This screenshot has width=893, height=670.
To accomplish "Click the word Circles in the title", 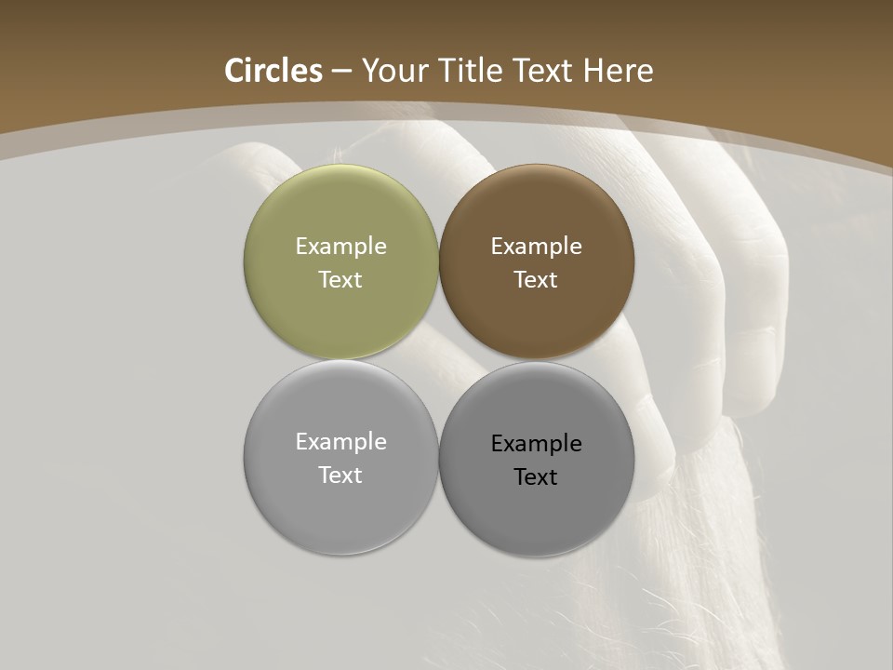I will (x=273, y=71).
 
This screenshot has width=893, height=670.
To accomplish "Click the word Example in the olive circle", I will (x=340, y=247).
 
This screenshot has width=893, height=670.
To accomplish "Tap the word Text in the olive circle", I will (x=340, y=280).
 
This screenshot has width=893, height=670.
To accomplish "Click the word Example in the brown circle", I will (x=536, y=247).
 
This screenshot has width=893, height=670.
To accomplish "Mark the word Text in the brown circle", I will (x=536, y=280).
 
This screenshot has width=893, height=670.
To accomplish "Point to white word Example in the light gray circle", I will (x=340, y=442).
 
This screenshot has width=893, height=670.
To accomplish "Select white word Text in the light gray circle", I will (x=340, y=476).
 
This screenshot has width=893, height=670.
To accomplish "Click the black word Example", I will (x=536, y=444).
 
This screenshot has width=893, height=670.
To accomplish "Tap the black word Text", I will (x=536, y=477).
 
